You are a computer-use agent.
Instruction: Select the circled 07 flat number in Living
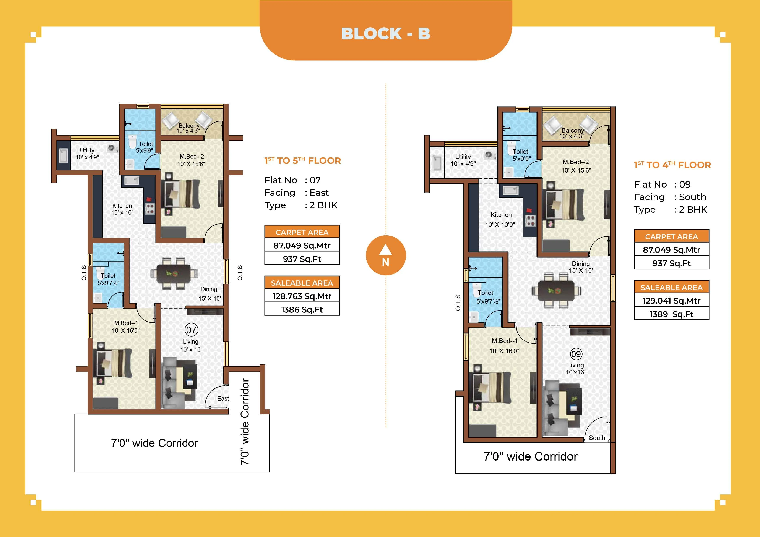pos(191,330)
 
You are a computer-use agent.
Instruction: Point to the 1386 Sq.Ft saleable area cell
pos(302,310)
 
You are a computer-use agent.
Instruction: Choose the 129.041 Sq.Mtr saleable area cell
pos(671,301)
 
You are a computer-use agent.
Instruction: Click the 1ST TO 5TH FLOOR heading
pos(302,161)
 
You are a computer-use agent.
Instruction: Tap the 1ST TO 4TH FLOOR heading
pos(672,165)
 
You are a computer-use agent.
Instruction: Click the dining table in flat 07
pos(174,273)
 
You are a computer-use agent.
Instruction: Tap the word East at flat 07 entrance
pos(223,399)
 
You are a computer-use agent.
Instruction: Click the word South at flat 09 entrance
pos(597,438)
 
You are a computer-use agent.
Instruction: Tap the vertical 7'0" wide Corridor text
pos(245,422)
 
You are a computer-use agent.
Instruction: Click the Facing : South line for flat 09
pos(670,197)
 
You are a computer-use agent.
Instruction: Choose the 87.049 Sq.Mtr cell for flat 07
pos(302,246)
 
